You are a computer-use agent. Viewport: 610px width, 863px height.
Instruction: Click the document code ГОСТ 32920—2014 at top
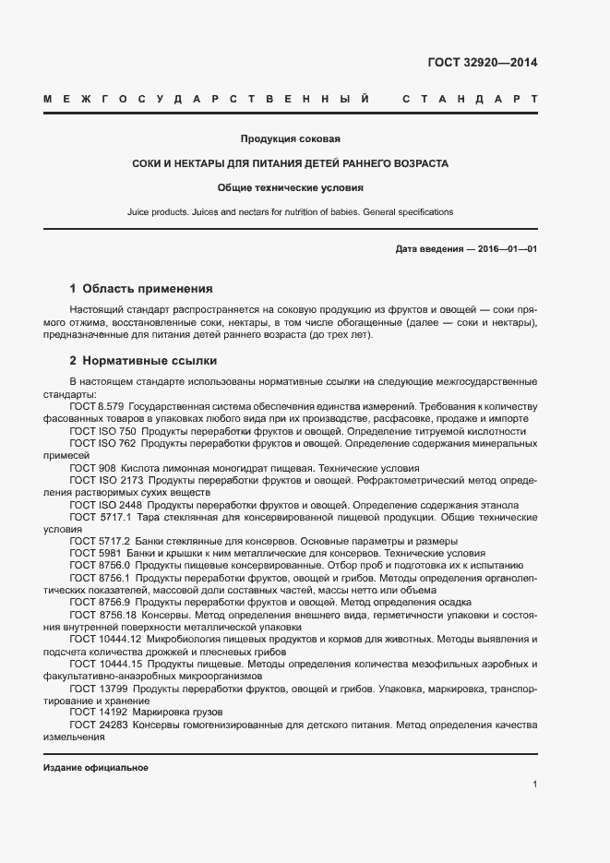(x=482, y=64)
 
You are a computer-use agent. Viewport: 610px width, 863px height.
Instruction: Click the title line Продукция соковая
(x=291, y=139)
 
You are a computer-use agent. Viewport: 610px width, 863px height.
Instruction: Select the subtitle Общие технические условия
(x=291, y=187)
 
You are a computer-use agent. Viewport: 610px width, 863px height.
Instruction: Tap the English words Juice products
(x=158, y=212)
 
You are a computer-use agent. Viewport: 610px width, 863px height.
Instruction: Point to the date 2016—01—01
(x=507, y=250)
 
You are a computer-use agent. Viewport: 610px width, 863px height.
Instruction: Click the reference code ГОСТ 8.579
(x=96, y=406)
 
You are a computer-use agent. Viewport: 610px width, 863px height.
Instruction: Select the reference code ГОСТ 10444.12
(x=104, y=638)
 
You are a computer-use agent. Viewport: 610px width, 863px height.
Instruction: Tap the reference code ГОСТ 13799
(x=96, y=689)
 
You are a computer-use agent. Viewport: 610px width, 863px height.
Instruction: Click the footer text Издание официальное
(x=96, y=768)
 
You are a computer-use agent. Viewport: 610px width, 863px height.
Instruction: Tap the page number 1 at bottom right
(x=534, y=785)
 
